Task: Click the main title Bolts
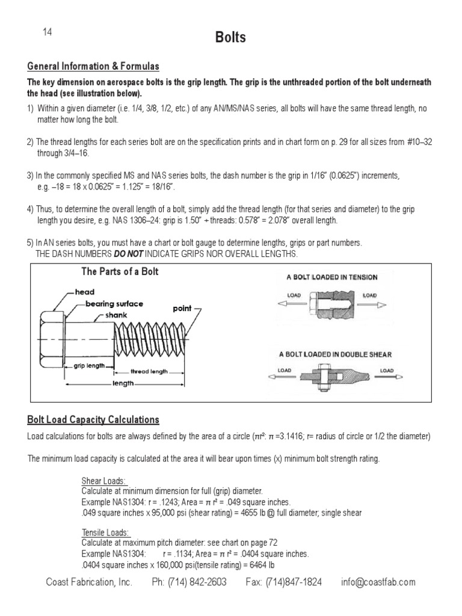(231, 38)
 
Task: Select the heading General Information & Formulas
(93, 67)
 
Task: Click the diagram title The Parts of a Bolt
(120, 272)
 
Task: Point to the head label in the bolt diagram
(84, 292)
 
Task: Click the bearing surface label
(114, 304)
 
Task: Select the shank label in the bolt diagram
(116, 315)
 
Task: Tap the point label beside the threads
(182, 309)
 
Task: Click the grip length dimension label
(89, 365)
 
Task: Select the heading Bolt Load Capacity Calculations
(93, 419)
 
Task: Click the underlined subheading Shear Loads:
(103, 481)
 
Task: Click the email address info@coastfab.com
(377, 582)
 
